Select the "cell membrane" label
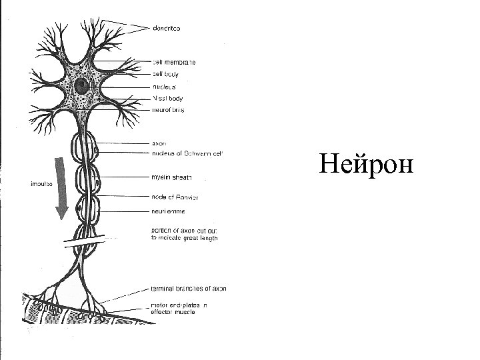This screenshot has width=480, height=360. pyautogui.click(x=175, y=62)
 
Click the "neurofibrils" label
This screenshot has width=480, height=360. pyautogui.click(x=169, y=110)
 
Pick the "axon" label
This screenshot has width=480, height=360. pyautogui.click(x=159, y=143)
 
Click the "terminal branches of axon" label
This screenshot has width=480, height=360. pyautogui.click(x=189, y=289)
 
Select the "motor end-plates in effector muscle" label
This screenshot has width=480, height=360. pyautogui.click(x=179, y=308)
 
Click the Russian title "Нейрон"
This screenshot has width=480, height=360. pyautogui.click(x=365, y=163)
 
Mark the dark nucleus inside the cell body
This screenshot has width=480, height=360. pyautogui.click(x=83, y=85)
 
